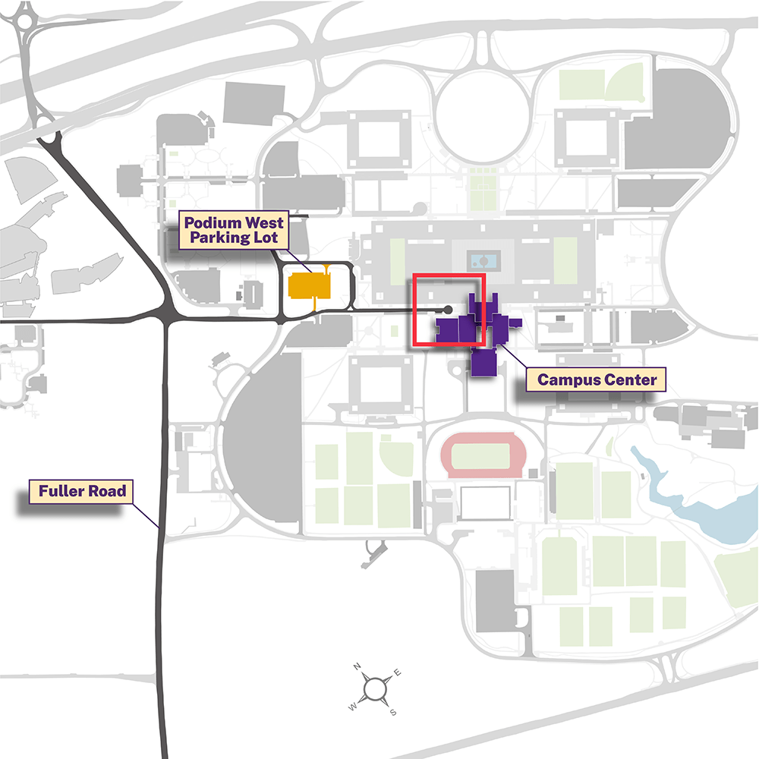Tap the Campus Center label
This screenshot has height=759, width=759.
(597, 379)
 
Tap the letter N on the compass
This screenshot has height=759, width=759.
(357, 667)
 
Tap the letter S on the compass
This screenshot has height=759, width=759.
(393, 712)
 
